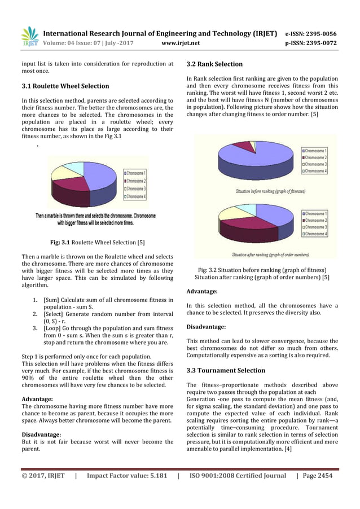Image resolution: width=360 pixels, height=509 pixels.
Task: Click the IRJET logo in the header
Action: click(x=29, y=37)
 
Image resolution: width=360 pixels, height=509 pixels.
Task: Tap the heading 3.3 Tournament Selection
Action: click(x=226, y=371)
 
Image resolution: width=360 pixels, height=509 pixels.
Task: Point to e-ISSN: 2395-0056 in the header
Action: click(x=311, y=33)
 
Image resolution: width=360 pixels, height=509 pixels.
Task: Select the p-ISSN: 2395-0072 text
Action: click(x=311, y=42)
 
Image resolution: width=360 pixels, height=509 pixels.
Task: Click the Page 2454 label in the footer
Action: click(x=318, y=476)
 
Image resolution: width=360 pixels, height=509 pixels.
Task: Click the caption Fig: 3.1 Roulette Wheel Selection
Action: click(x=97, y=243)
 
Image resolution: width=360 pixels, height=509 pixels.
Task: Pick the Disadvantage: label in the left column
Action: click(x=41, y=435)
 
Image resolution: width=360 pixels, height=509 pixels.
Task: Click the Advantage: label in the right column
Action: click(x=201, y=291)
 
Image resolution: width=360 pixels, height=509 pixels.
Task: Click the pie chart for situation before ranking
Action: click(x=254, y=160)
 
